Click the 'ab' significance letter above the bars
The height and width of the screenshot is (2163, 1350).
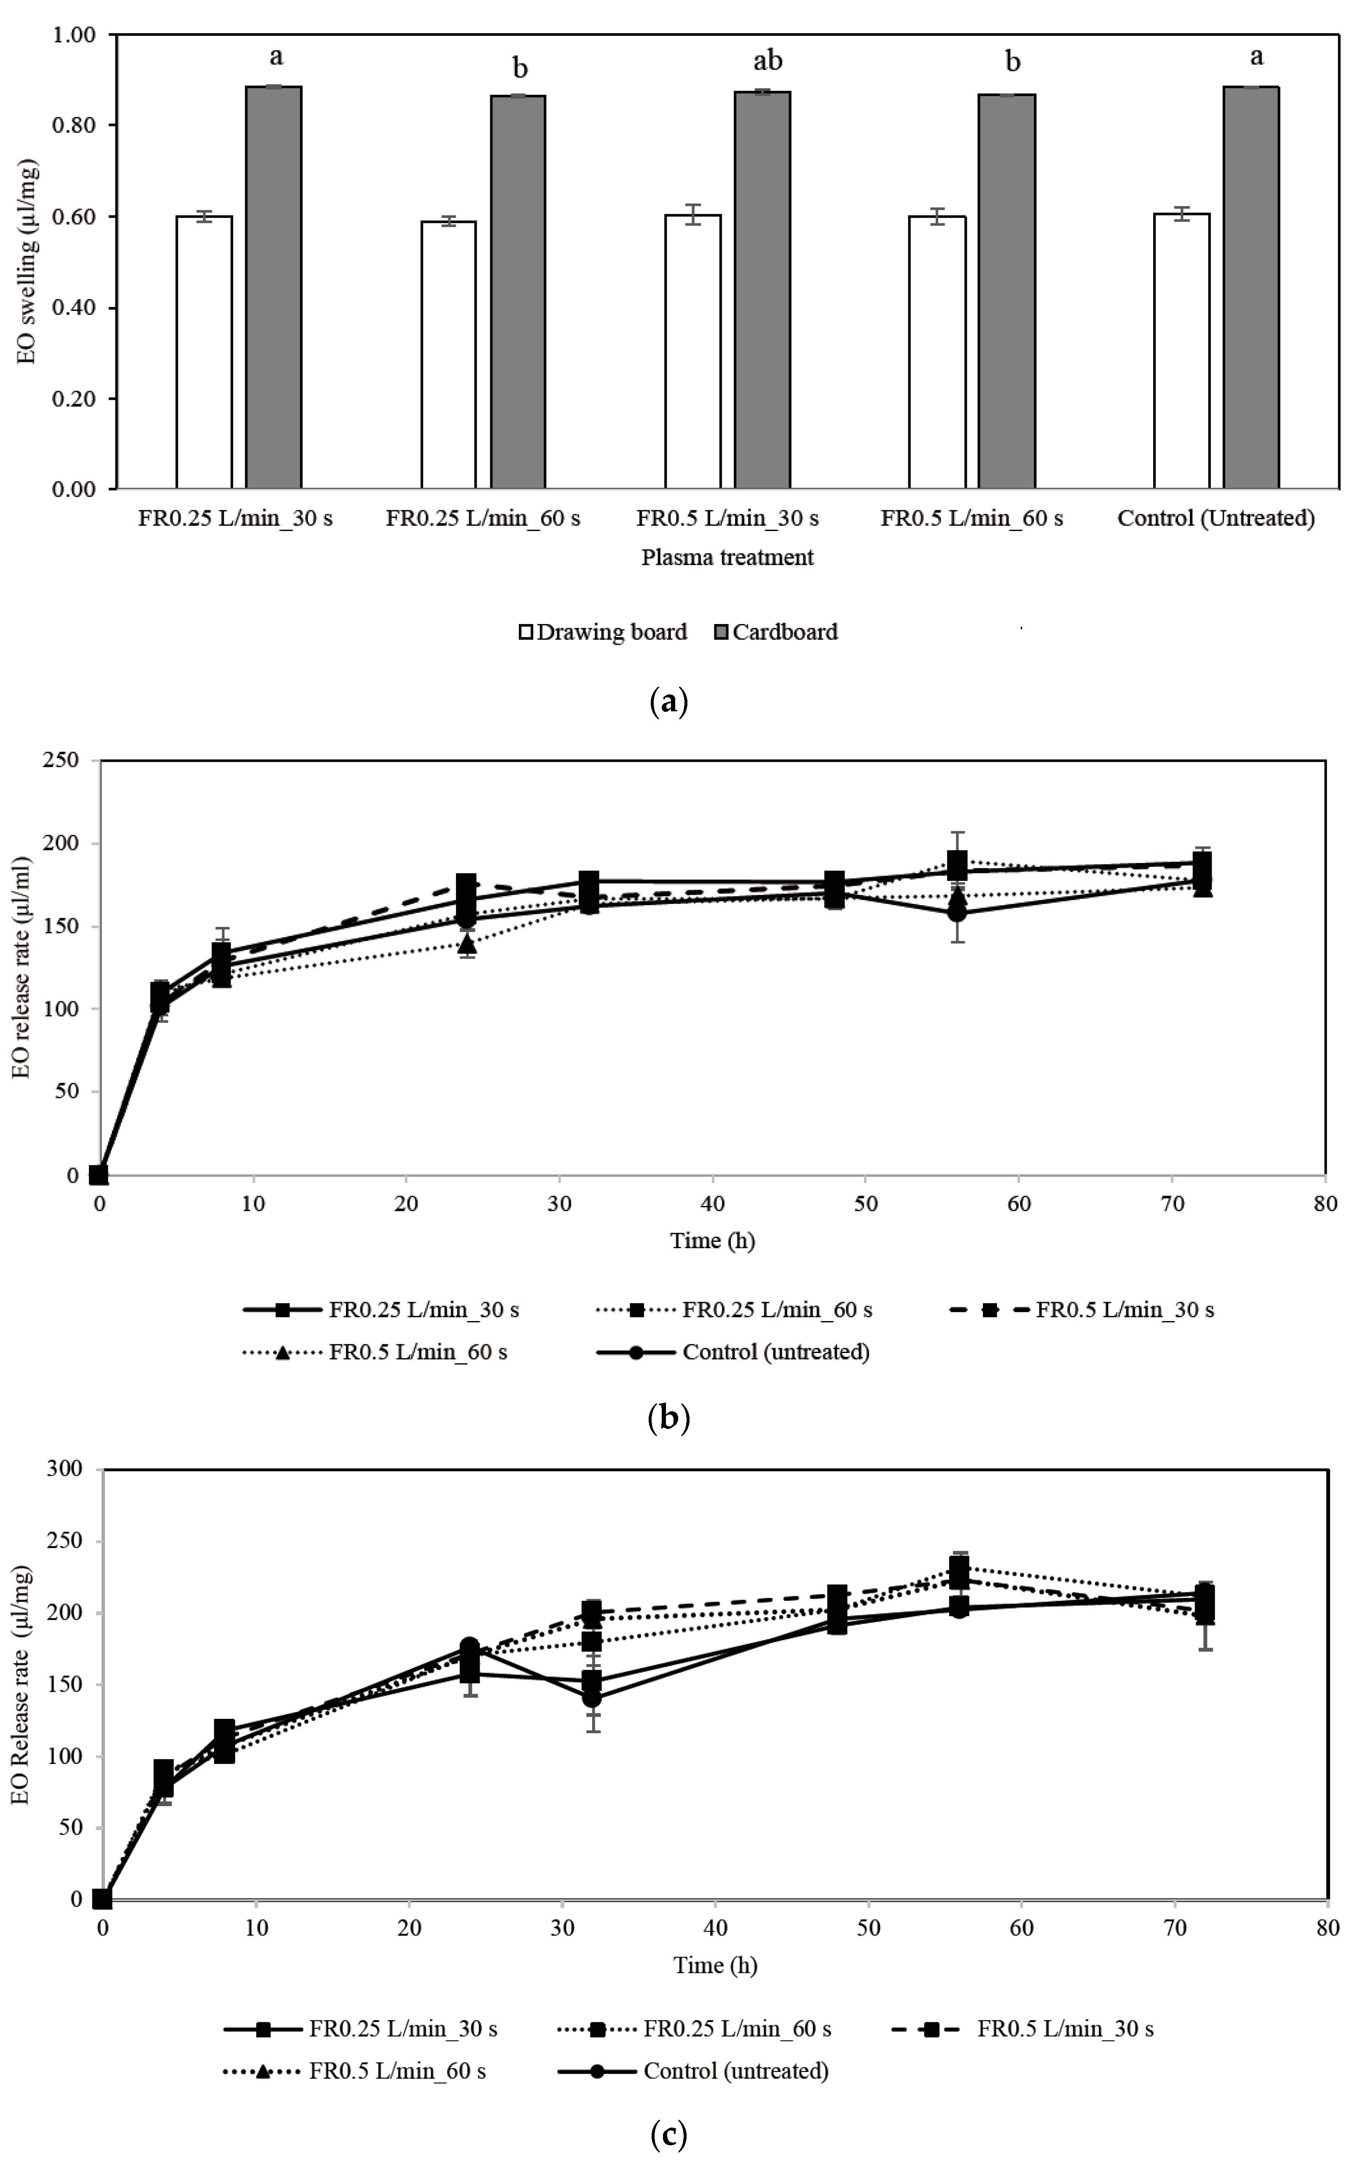(767, 61)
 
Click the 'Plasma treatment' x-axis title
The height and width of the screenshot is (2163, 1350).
(727, 558)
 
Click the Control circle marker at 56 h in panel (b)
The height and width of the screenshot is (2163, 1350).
(956, 912)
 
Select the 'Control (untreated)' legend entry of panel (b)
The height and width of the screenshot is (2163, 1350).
(732, 1351)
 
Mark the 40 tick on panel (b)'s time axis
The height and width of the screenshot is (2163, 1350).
(712, 1203)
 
